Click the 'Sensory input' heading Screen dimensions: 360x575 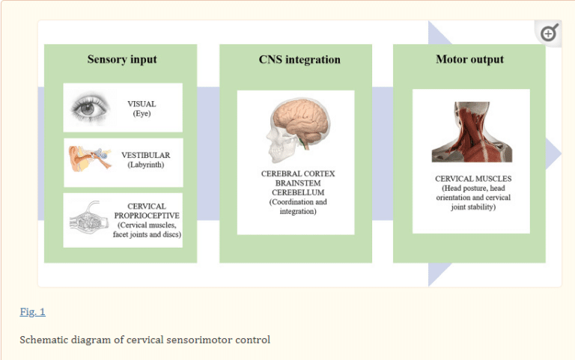point(122,60)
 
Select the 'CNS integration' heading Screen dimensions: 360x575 point(294,60)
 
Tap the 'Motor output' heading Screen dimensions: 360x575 point(469,60)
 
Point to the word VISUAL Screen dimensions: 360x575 point(142,103)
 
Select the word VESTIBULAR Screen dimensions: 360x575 point(145,155)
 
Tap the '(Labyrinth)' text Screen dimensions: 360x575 point(145,165)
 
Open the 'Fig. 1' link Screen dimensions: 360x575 point(32,311)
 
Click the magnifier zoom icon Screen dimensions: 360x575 point(549,33)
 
